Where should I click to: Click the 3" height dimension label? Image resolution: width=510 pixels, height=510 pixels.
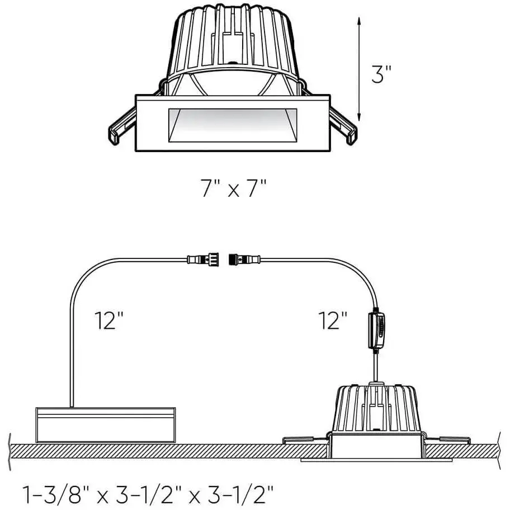381,74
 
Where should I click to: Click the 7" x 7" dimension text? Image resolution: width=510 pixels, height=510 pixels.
234,188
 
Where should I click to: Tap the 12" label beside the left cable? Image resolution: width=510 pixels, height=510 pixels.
109,320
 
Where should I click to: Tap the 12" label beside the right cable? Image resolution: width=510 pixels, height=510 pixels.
333,320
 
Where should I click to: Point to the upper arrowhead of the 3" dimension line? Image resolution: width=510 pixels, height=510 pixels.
359,21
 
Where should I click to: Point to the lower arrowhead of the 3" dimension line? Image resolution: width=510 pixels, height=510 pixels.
359,116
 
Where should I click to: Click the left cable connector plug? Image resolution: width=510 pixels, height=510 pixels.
202,259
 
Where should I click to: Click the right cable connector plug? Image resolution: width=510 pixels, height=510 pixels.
244,259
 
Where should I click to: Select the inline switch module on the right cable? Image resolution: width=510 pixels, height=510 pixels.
376,330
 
